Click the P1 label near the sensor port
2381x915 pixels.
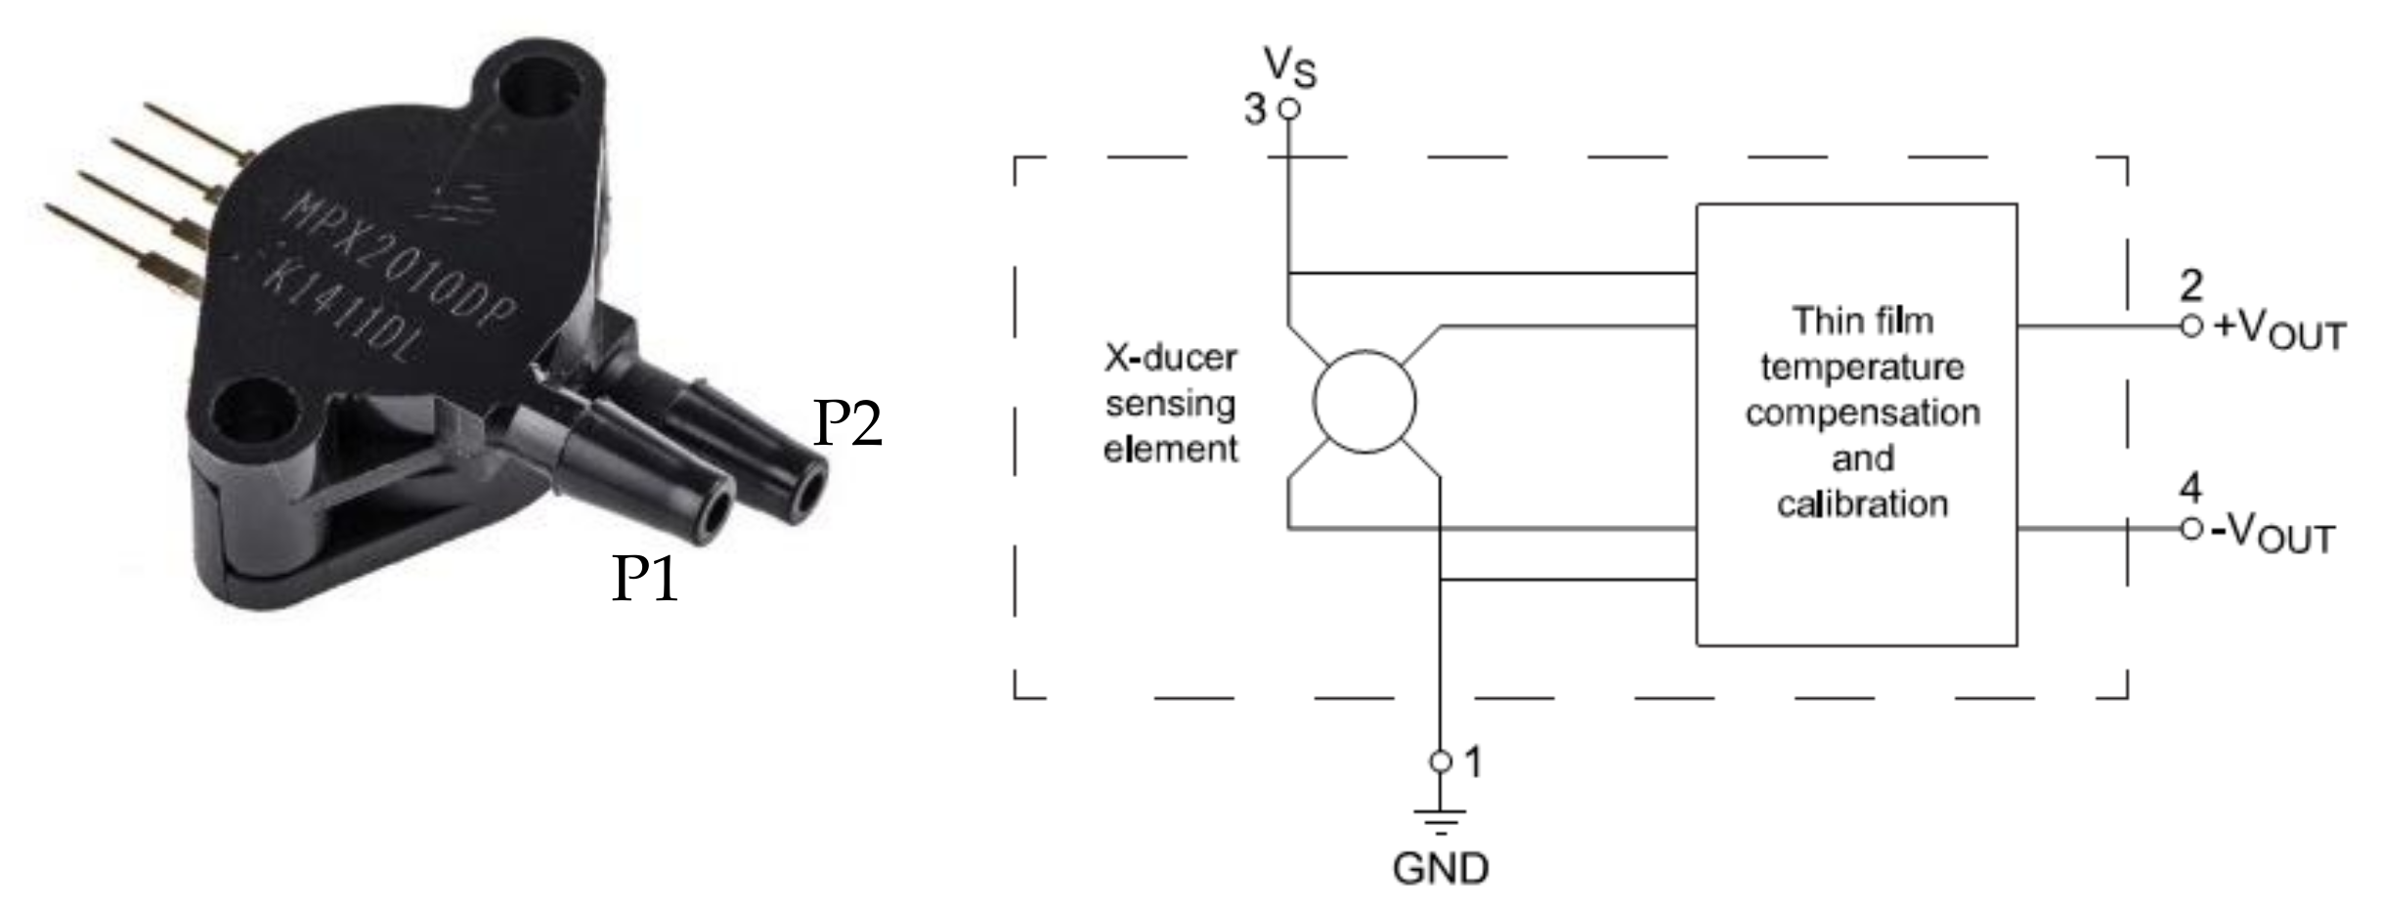coord(644,578)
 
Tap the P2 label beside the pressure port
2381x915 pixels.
coord(847,423)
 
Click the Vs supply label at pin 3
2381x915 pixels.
coord(1290,66)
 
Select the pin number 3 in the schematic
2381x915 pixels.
coord(1255,109)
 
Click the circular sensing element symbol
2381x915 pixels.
coord(1364,402)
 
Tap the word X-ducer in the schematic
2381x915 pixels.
coord(1170,358)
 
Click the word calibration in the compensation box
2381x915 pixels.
coord(1862,504)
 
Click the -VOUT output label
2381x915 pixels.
coord(2273,534)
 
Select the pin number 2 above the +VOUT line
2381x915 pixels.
coord(2191,285)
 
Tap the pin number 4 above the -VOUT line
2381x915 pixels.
coord(2191,488)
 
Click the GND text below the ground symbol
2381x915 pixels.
coord(1440,868)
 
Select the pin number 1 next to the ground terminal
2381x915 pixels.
coord(1474,762)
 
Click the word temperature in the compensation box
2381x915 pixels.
coord(1862,368)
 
